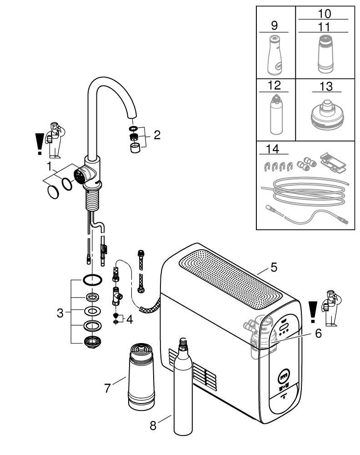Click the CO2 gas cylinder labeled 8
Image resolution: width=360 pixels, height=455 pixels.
[x=183, y=391]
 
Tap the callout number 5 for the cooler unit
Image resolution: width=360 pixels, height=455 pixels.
[x=273, y=267]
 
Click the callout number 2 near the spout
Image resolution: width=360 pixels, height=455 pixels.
[x=157, y=135]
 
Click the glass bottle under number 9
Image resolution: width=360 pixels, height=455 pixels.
[x=274, y=54]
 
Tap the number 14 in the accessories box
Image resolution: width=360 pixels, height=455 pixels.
[x=274, y=148]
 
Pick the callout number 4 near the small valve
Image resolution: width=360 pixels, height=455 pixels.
[x=130, y=319]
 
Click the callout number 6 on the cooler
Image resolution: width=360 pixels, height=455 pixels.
[x=318, y=334]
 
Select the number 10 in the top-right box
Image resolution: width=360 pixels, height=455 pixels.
[x=325, y=14]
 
